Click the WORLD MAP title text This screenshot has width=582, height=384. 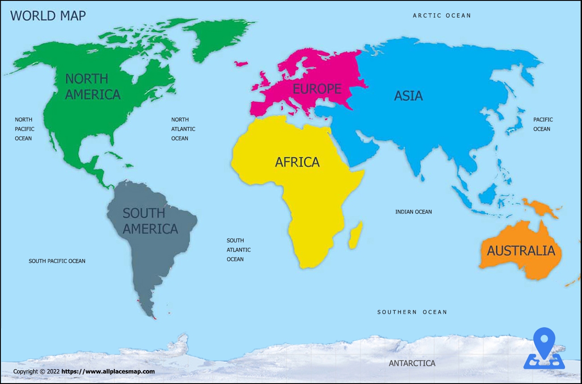(x=48, y=16)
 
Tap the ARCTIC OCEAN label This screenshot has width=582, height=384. (x=442, y=16)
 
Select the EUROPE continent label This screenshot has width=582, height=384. (x=317, y=89)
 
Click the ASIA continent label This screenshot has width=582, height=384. (x=408, y=96)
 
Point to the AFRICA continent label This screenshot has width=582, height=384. (x=297, y=162)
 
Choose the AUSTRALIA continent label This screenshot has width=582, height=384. (x=521, y=251)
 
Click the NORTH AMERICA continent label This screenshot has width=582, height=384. (x=93, y=86)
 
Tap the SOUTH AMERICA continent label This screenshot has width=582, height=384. (x=150, y=221)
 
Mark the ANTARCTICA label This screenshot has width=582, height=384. (x=412, y=363)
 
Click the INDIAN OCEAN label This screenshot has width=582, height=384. (x=413, y=212)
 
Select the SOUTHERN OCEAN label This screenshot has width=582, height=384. (x=412, y=312)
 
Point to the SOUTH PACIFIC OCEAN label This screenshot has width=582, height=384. (x=57, y=261)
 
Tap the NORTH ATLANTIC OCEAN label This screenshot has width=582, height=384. (x=183, y=129)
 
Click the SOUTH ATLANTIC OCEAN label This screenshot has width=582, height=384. (x=238, y=250)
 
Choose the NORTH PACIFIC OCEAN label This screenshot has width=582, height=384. (x=24, y=129)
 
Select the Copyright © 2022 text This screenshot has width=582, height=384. (x=36, y=371)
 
